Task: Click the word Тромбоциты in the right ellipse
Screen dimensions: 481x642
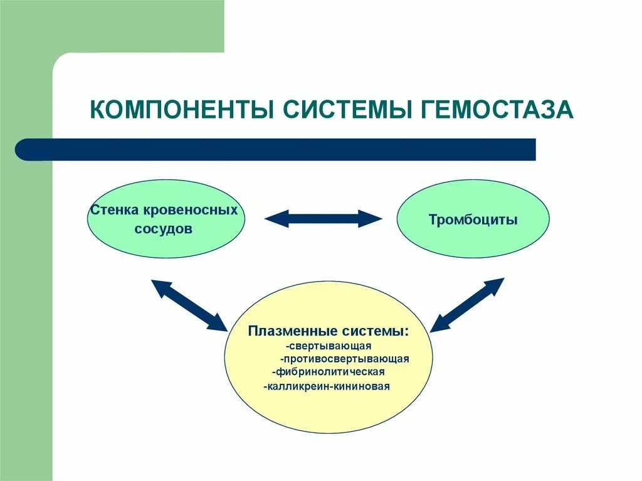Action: pyautogui.click(x=473, y=220)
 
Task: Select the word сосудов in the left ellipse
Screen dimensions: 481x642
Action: pyautogui.click(x=163, y=229)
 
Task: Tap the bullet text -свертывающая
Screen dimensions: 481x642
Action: pyautogui.click(x=329, y=346)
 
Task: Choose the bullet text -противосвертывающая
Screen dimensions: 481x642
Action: pyautogui.click(x=345, y=359)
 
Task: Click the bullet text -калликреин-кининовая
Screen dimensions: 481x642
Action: pyautogui.click(x=327, y=386)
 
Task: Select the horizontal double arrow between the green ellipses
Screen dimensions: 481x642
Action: pyautogui.click(x=323, y=218)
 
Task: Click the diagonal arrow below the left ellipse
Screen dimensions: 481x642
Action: pyautogui.click(x=188, y=305)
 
